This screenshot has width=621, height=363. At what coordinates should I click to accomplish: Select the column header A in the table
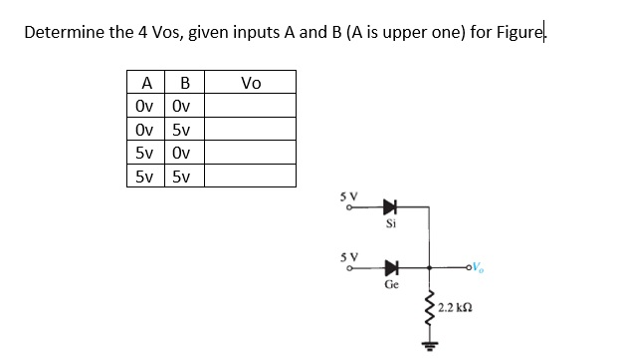coord(146,83)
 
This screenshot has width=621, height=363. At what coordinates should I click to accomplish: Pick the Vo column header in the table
coord(251,83)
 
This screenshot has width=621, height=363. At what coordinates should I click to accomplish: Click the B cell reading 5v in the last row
coord(180,177)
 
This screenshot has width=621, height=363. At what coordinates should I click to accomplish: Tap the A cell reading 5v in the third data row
coord(145,153)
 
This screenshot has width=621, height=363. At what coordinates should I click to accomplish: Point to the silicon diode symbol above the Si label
coord(390,209)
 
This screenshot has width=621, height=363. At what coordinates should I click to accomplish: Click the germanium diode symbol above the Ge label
coord(390,267)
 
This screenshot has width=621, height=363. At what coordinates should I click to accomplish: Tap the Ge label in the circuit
coord(391,284)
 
